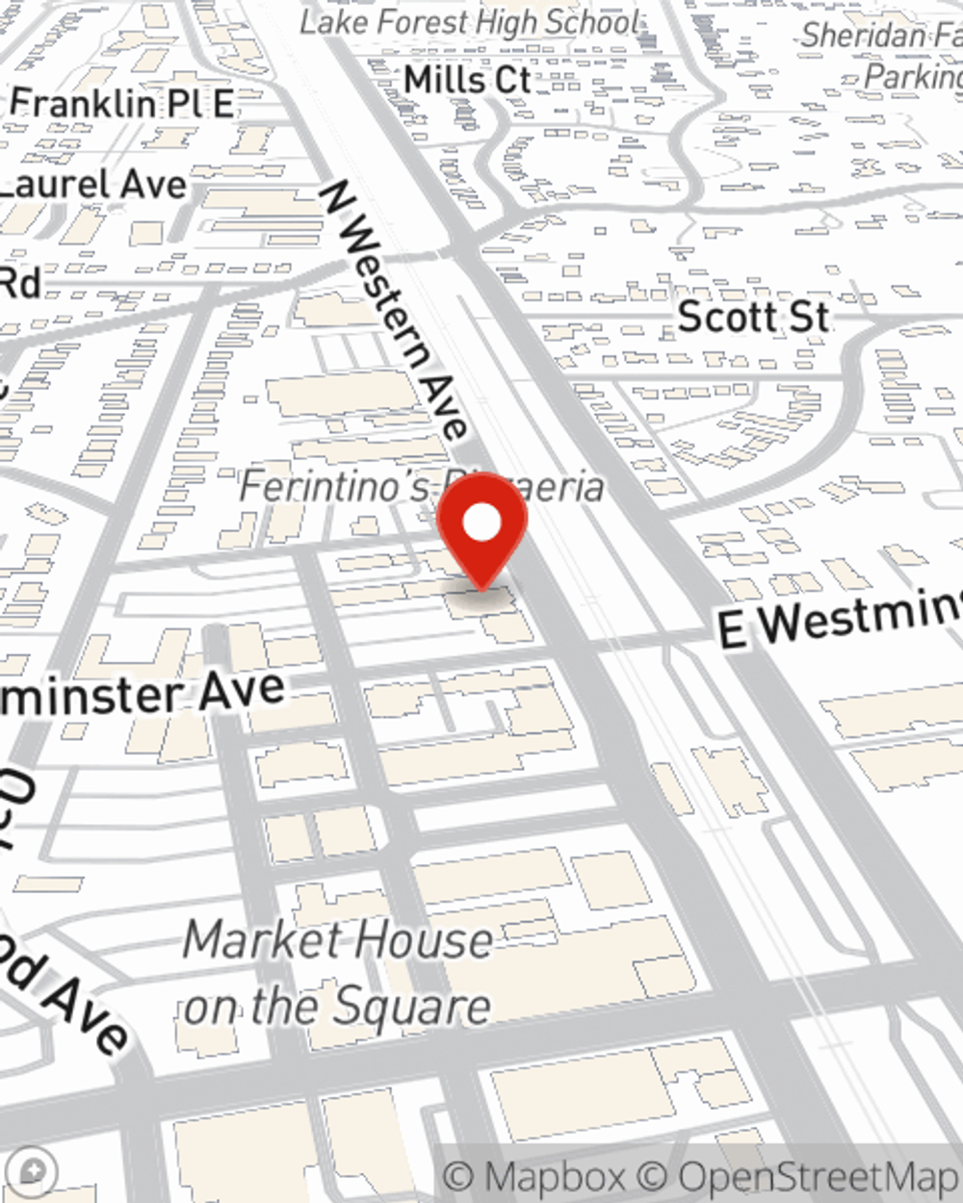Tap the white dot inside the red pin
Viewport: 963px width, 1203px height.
click(482, 524)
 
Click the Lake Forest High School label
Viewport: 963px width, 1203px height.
click(469, 22)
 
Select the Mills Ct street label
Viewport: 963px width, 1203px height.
click(467, 79)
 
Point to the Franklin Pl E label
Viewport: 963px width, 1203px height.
click(122, 103)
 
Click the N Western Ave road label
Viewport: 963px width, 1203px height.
click(395, 308)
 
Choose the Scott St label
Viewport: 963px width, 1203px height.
click(753, 317)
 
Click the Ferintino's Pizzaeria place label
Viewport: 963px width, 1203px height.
click(421, 486)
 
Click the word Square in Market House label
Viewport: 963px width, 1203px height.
click(414, 1007)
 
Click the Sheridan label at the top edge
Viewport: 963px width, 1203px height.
click(878, 36)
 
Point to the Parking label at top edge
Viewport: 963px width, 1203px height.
click(911, 76)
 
